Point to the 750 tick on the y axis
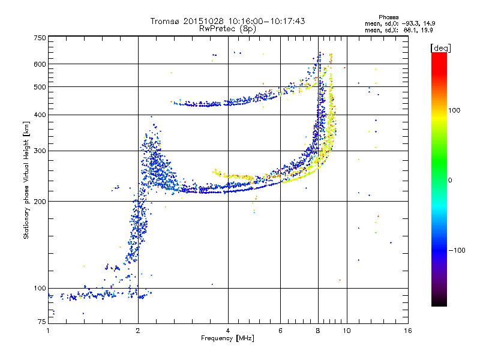pos(40,38)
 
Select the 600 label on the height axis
pos(40,64)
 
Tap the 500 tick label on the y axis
pos(40,87)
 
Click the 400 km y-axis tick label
pos(40,115)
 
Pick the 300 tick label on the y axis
pos(40,151)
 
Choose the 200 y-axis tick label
pos(40,201)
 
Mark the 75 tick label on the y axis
pos(41,323)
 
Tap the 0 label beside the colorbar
pos(451,181)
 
